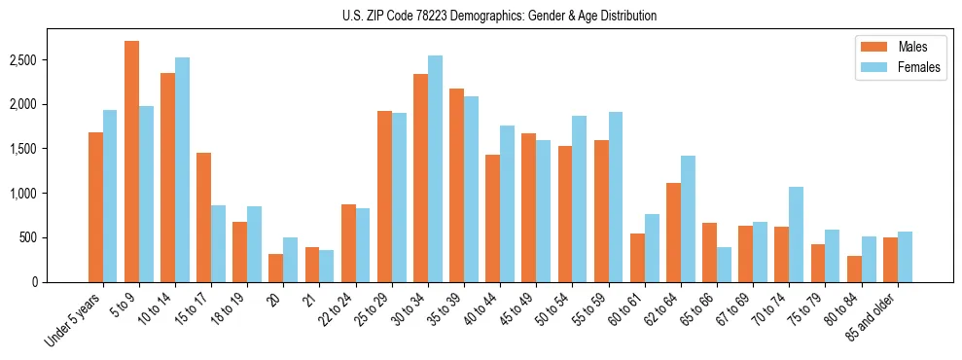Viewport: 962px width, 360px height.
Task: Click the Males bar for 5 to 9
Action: point(131,162)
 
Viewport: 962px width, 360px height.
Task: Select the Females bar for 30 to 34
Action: point(435,168)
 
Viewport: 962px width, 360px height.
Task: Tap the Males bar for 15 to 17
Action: point(203,217)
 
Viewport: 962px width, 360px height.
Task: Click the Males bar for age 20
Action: point(276,268)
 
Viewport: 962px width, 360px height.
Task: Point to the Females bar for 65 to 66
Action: point(724,265)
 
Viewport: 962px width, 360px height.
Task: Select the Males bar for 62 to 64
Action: point(673,233)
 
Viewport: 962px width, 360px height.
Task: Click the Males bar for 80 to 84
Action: point(854,269)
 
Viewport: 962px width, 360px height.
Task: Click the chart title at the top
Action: point(499,16)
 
